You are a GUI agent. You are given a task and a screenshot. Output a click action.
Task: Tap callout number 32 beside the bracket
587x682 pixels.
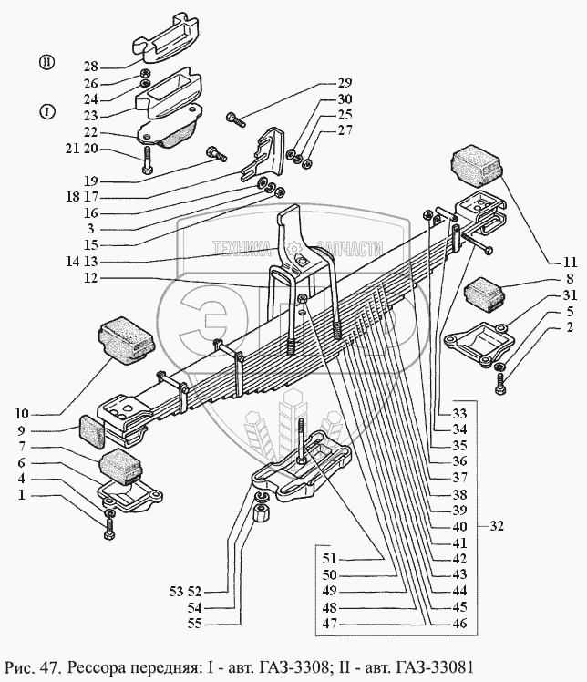pos(497,526)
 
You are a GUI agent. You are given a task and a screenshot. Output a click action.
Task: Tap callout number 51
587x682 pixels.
pos(328,559)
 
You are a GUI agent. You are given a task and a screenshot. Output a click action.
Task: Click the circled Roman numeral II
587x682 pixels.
pos(46,61)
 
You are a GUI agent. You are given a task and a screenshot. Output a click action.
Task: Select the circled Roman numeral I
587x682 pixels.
pos(46,110)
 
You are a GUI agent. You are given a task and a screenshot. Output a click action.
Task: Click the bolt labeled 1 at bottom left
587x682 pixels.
pos(109,526)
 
